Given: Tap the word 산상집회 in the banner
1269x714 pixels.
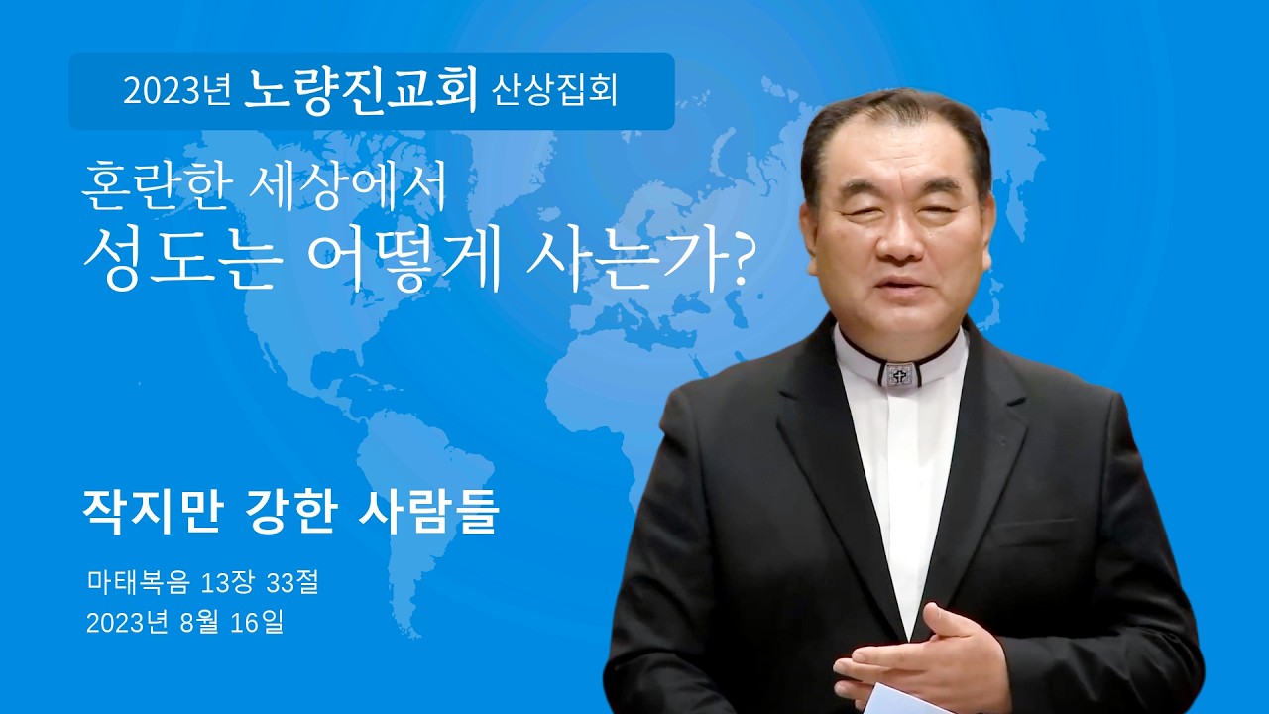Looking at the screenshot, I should click(x=555, y=91).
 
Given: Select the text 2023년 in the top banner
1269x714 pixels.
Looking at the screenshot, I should click(x=177, y=91).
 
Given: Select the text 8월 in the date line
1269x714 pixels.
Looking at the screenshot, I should click(x=190, y=623).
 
